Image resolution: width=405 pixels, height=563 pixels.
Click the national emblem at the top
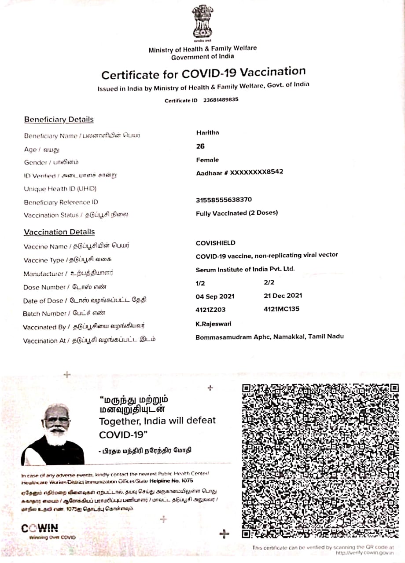pos(202,22)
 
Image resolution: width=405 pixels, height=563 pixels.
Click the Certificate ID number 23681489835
pos(221,100)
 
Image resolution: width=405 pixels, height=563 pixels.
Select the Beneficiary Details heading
pos(59,120)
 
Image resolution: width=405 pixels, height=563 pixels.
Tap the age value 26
pos(200,146)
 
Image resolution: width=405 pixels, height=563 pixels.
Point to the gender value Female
pos(207,160)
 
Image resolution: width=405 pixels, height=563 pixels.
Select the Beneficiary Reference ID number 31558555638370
pos(224,200)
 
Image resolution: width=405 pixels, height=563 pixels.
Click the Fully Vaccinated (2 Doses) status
pos(237,213)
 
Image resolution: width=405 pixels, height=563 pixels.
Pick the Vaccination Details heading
pos(59,232)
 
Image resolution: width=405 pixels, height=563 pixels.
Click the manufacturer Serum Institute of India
pos(245,269)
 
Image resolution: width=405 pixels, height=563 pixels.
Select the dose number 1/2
pos(200,284)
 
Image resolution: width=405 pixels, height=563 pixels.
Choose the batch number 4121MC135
pos(281,309)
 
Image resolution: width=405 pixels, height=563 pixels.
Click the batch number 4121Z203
pos(210,310)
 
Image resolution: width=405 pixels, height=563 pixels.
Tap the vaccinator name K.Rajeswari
pos(214,324)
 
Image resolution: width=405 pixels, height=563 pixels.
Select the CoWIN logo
pos(40,529)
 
